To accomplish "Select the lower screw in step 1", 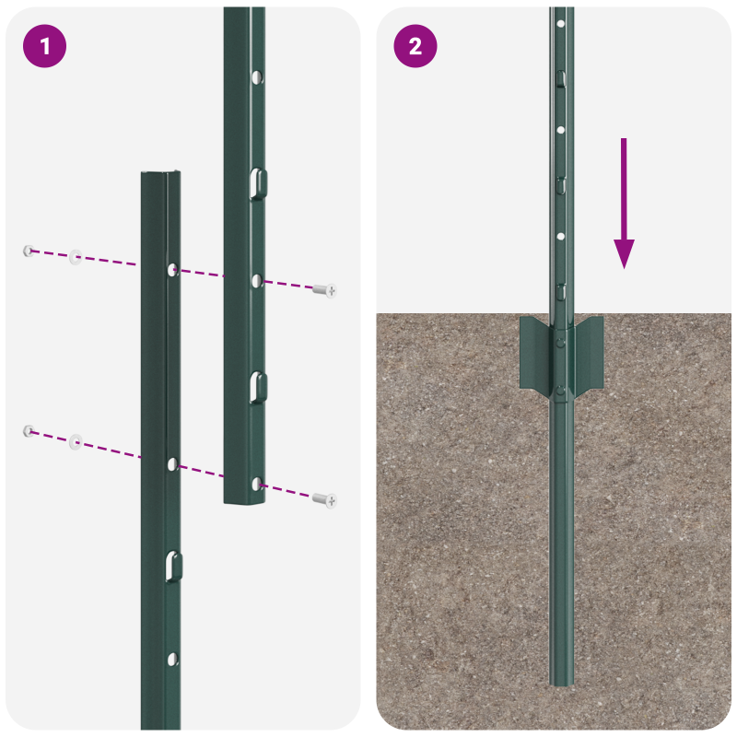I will click(x=324, y=499).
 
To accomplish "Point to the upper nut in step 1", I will click(x=29, y=250).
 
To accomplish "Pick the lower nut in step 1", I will click(x=29, y=430).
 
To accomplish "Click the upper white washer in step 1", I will click(x=76, y=257).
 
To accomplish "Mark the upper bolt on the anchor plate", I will click(x=560, y=342).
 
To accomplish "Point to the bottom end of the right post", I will click(x=244, y=500).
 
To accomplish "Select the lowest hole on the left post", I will click(x=172, y=658).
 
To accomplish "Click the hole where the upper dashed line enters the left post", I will click(x=172, y=269).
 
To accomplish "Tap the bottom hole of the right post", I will click(x=257, y=483).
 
